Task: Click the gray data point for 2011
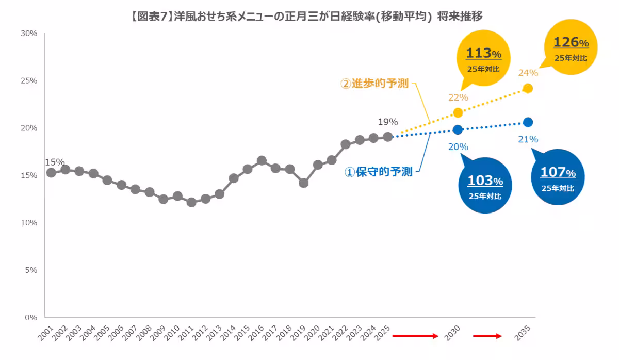pos(191,202)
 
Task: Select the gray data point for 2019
pos(303,183)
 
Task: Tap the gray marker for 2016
pos(262,160)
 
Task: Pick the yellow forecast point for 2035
pos(528,88)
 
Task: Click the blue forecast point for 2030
pos(458,129)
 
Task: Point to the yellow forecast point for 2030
pos(458,112)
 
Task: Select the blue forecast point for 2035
pos(528,122)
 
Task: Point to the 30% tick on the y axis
pos(29,34)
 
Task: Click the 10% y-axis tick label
pos(29,223)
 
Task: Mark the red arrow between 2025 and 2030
pos(415,336)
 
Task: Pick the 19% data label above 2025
pos(387,122)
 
